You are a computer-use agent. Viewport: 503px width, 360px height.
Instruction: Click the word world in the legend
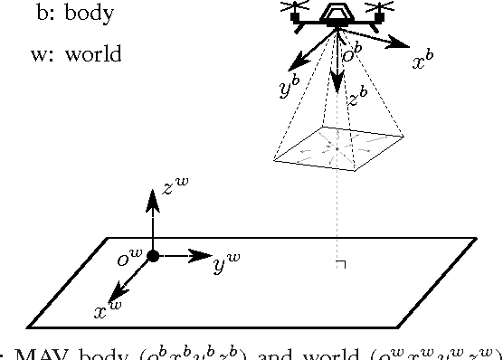[93, 54]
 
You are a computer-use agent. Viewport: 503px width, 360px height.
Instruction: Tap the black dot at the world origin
[153, 256]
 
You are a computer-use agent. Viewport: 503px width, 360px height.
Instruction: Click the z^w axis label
[176, 187]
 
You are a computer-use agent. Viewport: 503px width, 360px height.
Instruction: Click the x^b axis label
[423, 62]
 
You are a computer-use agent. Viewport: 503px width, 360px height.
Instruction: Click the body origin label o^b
[353, 54]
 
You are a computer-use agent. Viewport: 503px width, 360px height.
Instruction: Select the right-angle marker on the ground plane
[341, 264]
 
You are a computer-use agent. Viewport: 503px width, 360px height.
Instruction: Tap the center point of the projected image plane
[337, 147]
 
